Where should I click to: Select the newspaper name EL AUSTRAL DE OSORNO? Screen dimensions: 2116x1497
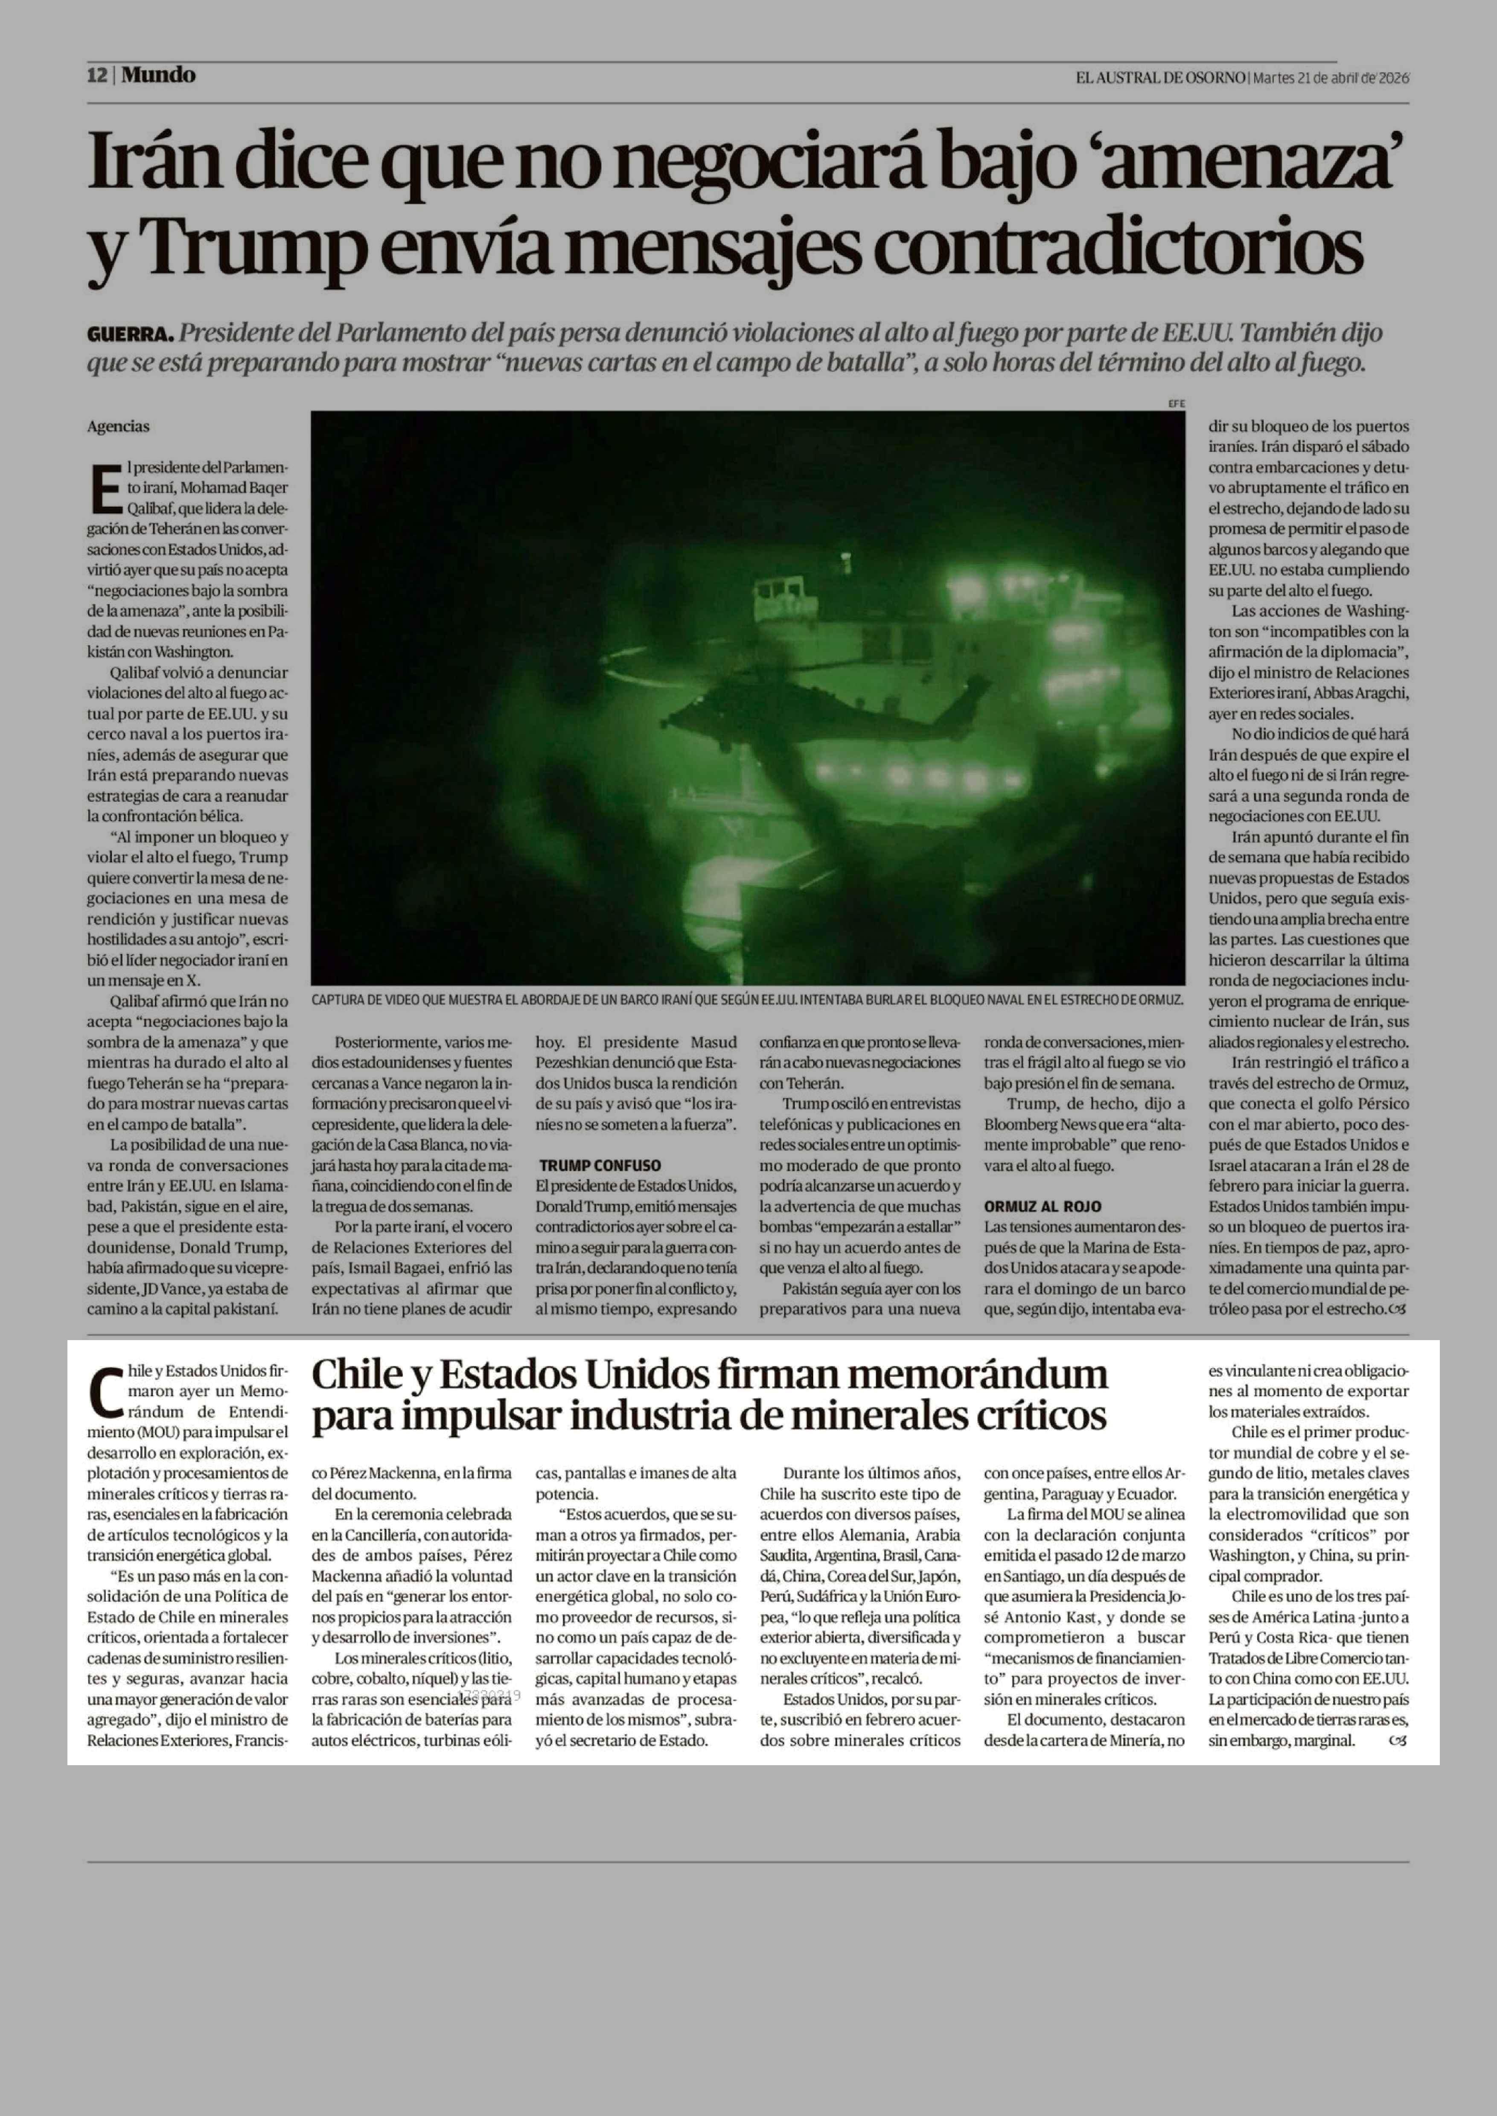click(x=1159, y=77)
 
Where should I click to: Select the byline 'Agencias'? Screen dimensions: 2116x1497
click(x=118, y=427)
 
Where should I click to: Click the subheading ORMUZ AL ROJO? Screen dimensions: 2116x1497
click(x=1043, y=1206)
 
